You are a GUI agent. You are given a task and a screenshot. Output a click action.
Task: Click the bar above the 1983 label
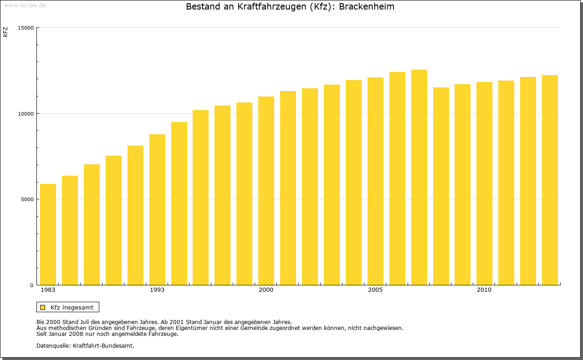coord(48,234)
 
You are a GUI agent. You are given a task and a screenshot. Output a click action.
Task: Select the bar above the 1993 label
coord(157,209)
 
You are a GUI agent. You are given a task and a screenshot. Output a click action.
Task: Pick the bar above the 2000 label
coord(266,191)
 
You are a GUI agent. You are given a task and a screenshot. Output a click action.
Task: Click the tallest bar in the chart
coord(419,177)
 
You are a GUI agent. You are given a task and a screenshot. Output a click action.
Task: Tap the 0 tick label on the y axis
coord(32,285)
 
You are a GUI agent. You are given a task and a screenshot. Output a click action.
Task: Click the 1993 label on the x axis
coord(157,290)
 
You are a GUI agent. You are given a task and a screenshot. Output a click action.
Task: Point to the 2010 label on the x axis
coord(484,290)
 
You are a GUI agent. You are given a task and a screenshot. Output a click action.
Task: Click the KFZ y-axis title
coord(5,32)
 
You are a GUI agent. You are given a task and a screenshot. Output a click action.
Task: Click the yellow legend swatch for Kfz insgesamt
coord(42,307)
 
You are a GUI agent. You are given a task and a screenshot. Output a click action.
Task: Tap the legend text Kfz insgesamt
coord(72,307)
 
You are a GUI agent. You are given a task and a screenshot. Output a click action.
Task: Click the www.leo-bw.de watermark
coord(25,5)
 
